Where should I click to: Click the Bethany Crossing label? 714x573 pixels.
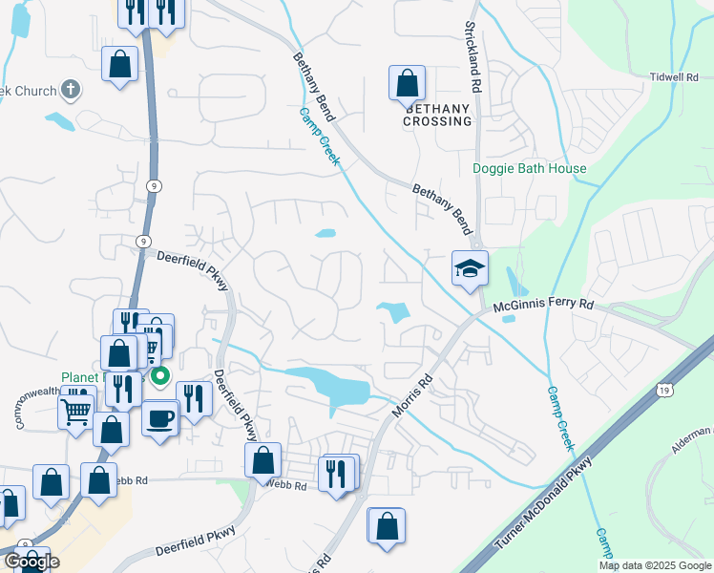click(437, 115)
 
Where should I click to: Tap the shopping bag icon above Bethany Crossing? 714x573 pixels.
click(408, 83)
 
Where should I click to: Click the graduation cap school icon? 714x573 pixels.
click(470, 268)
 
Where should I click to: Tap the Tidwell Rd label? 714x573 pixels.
click(675, 77)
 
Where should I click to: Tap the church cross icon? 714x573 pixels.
click(70, 90)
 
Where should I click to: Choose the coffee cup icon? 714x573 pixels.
click(160, 417)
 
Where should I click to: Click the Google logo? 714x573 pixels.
click(31, 562)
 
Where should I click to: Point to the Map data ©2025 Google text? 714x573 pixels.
click(655, 565)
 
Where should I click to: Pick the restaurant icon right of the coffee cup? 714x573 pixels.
click(194, 397)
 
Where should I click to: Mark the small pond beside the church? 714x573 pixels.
click(60, 122)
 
